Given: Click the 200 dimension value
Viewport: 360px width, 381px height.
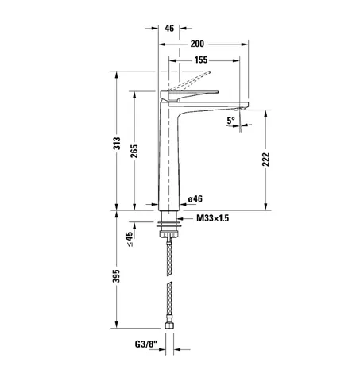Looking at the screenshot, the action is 197,44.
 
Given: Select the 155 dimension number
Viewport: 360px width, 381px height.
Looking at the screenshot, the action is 201,60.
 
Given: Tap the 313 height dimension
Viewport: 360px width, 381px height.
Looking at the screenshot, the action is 117,144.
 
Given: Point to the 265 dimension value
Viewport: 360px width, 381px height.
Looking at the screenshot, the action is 134,152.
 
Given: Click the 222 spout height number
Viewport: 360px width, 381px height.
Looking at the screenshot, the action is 265,160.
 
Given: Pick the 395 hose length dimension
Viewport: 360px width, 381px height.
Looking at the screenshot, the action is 116,276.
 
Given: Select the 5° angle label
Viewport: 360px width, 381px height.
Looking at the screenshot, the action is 230,121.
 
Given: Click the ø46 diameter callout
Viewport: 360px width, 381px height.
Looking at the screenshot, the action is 195,199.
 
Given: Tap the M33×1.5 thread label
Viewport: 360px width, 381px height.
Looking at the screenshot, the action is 213,218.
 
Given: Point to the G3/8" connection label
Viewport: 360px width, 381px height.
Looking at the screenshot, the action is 146,344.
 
